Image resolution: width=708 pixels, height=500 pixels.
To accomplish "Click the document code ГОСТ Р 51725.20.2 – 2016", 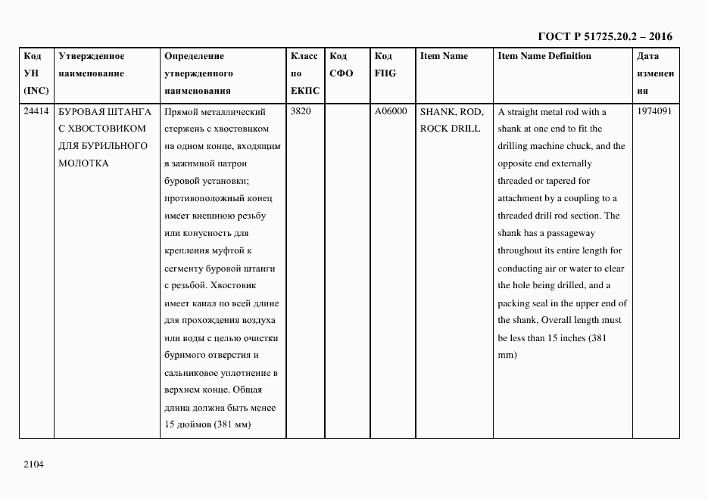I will [604, 36].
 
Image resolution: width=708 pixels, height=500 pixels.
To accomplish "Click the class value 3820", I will [301, 112].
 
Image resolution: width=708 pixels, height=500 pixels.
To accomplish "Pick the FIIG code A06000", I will [391, 112].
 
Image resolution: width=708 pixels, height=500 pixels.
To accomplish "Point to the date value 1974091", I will [654, 112].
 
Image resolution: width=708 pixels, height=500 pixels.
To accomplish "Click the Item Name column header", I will [444, 56].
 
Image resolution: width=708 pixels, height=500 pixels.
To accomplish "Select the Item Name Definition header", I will [544, 56].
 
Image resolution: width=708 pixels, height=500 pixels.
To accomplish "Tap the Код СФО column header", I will [342, 65].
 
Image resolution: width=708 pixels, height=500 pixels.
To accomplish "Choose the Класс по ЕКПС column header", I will [304, 73].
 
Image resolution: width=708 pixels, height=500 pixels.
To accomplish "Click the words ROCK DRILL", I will [450, 129].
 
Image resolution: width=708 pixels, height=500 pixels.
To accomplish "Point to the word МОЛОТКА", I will [83, 163].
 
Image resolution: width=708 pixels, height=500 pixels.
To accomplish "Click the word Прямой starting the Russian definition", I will [179, 112].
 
